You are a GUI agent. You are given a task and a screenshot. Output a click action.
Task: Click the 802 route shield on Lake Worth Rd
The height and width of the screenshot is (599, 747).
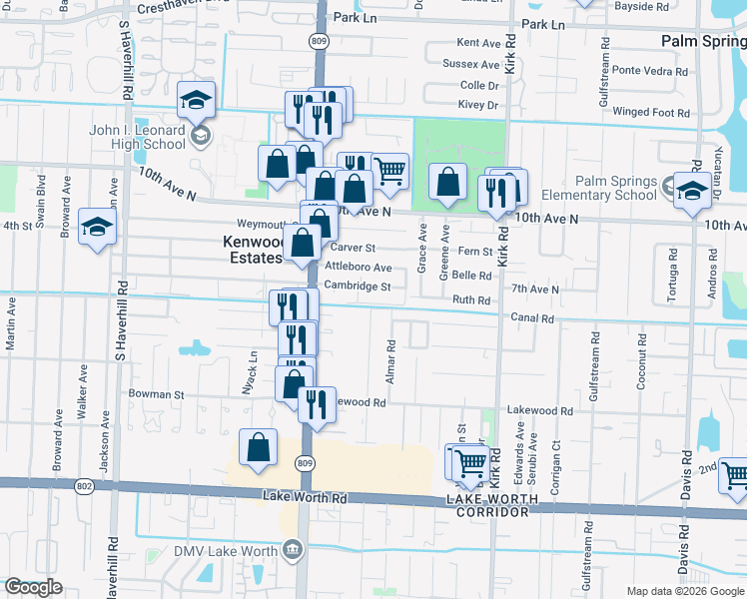[x=84, y=486]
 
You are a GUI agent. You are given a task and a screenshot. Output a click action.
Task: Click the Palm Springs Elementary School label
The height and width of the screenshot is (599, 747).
[x=599, y=188]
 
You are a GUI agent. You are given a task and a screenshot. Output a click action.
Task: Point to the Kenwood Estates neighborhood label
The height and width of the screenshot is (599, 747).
[x=251, y=250]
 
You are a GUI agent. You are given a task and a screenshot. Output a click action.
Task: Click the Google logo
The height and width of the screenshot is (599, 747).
[x=33, y=587]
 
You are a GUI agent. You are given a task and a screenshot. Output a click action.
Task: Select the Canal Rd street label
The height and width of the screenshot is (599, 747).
[x=534, y=318]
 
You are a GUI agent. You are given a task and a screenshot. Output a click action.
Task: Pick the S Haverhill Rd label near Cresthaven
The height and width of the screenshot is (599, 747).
[x=127, y=60]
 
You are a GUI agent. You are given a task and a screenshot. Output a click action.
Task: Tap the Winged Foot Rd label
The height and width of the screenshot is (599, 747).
[x=651, y=113]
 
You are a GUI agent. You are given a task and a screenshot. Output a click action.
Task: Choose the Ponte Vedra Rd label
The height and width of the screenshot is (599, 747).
[x=650, y=70]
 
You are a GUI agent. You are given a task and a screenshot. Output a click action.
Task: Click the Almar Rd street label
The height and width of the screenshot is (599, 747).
[x=391, y=363]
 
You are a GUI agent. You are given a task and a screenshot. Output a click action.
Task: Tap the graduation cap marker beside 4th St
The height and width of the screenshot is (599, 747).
[x=96, y=227]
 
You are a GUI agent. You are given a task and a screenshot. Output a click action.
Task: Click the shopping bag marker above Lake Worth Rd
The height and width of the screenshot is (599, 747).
[x=258, y=448]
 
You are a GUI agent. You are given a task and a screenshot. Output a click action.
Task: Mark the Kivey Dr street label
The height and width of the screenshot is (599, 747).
[x=479, y=104]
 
